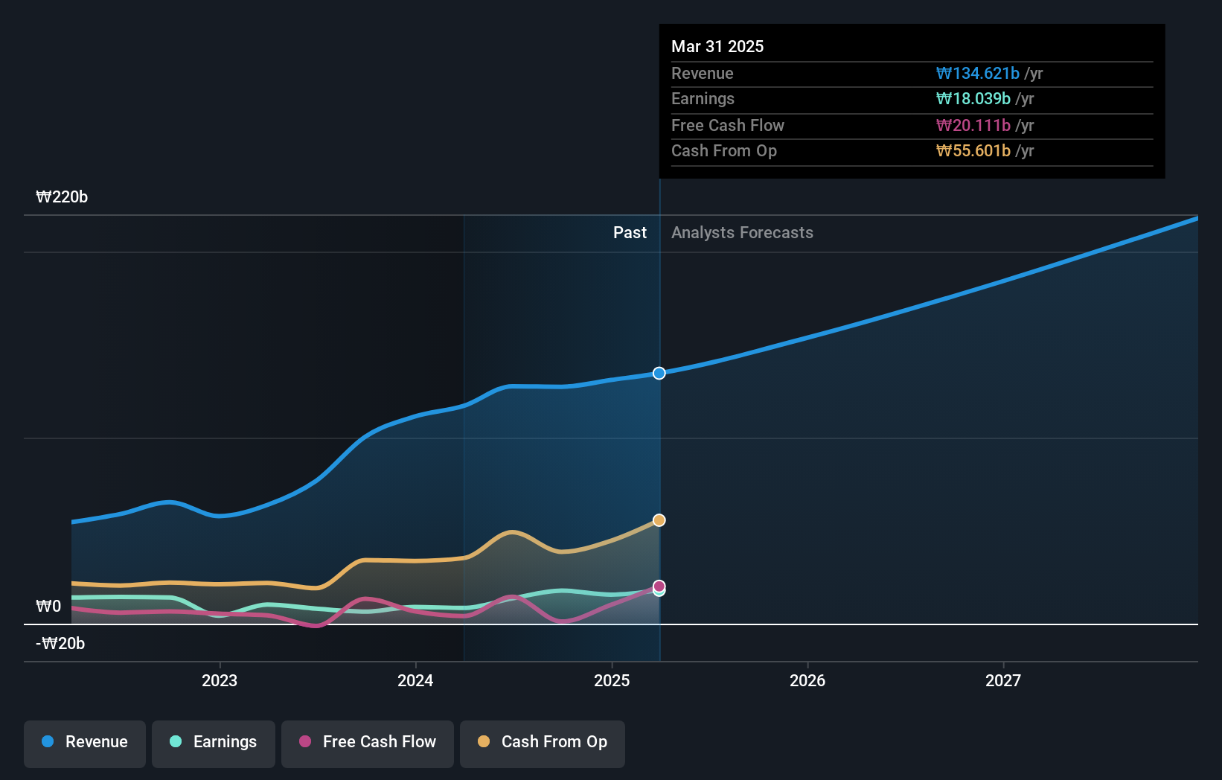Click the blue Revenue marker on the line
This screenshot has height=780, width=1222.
click(659, 373)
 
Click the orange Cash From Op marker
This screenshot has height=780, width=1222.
click(659, 520)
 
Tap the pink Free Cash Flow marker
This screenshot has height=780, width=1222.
click(659, 586)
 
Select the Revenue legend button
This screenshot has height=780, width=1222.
click(85, 743)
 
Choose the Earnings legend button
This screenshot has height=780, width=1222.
click(214, 743)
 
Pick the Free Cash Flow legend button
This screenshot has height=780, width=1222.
click(368, 743)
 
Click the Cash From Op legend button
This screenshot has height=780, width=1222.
click(543, 743)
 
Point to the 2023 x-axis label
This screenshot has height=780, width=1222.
click(220, 680)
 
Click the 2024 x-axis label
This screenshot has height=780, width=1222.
click(415, 680)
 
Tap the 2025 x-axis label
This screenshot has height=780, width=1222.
click(612, 680)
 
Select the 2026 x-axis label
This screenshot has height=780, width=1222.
click(807, 680)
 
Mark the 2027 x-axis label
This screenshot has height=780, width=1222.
click(1003, 680)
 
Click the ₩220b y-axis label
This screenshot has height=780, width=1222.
click(62, 197)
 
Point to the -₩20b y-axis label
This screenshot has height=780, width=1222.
click(60, 644)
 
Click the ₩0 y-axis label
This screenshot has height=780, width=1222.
click(48, 607)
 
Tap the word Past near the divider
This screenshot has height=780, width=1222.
click(630, 233)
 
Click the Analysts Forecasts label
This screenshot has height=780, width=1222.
click(742, 233)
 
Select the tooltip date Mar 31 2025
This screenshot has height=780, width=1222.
click(717, 46)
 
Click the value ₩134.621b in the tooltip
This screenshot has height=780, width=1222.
click(977, 74)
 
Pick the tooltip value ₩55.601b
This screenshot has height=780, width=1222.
click(973, 151)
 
